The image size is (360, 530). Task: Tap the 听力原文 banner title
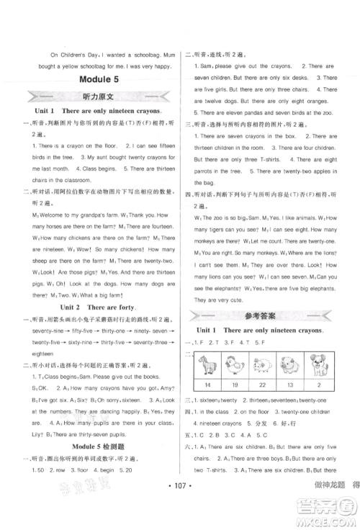point(91,96)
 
